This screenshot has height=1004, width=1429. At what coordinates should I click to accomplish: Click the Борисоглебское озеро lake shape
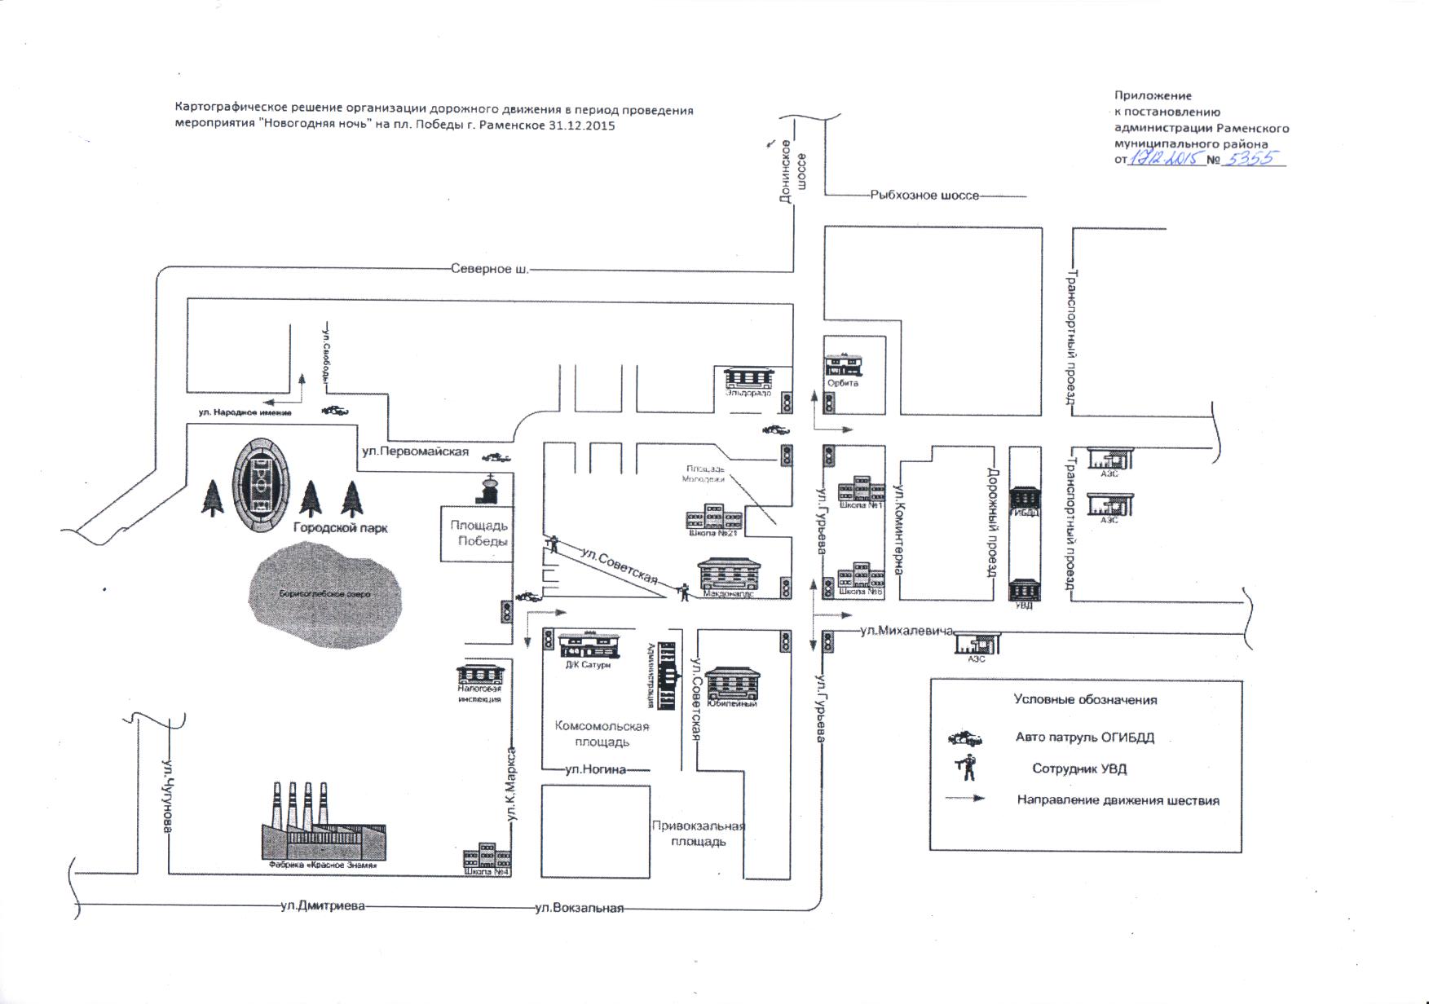[x=325, y=594]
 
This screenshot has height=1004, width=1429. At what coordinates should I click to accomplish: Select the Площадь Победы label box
[x=479, y=534]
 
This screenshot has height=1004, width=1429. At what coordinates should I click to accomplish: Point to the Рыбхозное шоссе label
[x=924, y=196]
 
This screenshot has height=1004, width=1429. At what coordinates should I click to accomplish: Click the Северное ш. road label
[x=489, y=269]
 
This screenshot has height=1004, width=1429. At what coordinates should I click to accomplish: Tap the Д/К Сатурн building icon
[x=589, y=644]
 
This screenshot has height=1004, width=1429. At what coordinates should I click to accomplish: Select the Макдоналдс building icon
[x=728, y=575]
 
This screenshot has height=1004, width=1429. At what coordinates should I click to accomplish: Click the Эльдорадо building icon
[x=748, y=378]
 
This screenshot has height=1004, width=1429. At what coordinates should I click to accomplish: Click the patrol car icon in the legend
[x=965, y=738]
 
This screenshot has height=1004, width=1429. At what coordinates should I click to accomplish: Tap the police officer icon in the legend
[x=968, y=768]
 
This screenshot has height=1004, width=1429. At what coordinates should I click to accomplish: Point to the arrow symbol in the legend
[x=965, y=799]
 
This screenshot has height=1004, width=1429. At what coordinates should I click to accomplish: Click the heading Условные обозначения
[x=1085, y=699]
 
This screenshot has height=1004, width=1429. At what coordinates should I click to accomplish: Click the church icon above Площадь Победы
[x=488, y=490]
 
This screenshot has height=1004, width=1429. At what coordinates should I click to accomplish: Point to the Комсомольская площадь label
[x=602, y=733]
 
